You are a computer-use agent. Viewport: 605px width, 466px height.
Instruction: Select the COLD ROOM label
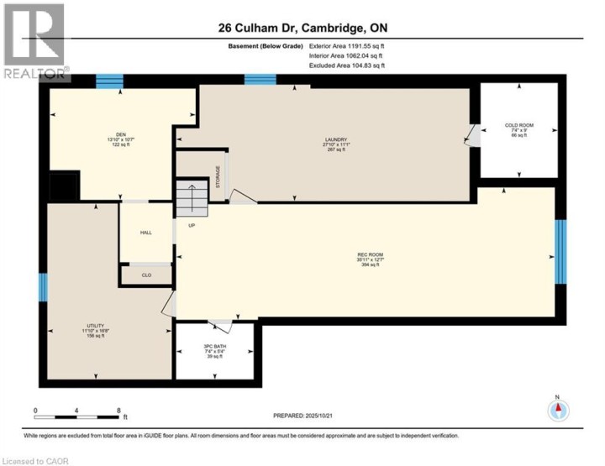pyautogui.click(x=518, y=126)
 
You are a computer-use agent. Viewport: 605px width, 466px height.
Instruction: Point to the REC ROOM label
pyautogui.click(x=363, y=254)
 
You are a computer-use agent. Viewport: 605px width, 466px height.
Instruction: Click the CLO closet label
pyautogui.click(x=145, y=275)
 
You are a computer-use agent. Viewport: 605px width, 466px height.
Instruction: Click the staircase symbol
pyautogui.click(x=192, y=200)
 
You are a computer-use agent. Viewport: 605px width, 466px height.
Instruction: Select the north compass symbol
pyautogui.click(x=558, y=410)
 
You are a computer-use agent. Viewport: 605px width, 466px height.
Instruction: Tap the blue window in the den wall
pyautogui.click(x=109, y=81)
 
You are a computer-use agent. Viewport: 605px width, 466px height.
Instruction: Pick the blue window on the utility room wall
pyautogui.click(x=42, y=288)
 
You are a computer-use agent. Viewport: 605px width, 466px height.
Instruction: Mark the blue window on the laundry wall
pyautogui.click(x=255, y=81)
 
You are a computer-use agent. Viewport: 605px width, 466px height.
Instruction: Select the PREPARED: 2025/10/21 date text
pyautogui.click(x=310, y=416)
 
